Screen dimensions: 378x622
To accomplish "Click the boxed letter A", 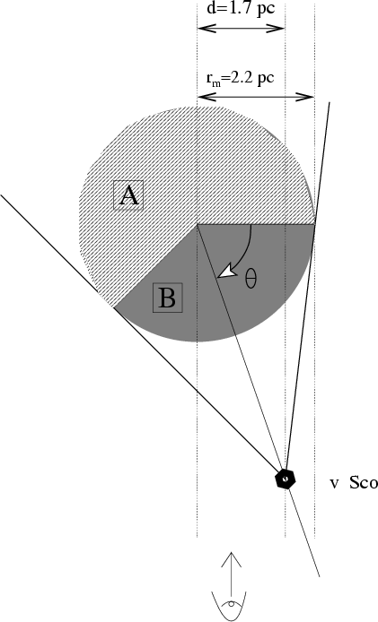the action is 128,195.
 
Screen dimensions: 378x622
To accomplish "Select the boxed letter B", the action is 168,298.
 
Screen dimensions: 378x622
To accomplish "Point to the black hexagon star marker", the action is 286,479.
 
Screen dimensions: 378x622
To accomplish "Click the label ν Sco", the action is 353,483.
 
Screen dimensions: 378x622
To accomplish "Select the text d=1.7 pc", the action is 241,9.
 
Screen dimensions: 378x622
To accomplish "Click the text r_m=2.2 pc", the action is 240,78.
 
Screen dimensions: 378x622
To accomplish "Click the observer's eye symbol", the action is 231,605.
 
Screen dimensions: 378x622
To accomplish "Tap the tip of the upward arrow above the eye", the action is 231,552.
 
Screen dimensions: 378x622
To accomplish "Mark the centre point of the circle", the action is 198,224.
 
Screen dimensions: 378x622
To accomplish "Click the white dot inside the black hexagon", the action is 285,479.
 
